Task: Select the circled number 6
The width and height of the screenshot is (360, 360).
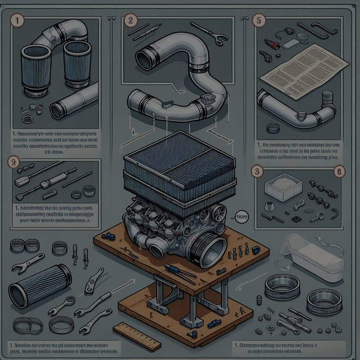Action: click(x=339, y=171)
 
